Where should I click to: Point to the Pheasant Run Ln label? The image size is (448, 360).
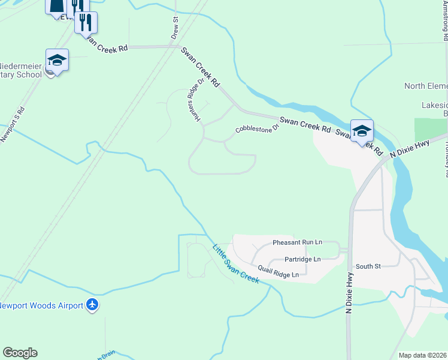(x=297, y=242)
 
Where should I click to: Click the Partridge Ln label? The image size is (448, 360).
(x=302, y=259)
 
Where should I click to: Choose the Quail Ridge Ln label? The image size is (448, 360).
(x=279, y=271)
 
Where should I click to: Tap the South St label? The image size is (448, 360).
(x=368, y=266)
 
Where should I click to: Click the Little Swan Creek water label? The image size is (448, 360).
(x=235, y=263)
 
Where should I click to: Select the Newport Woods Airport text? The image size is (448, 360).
(x=41, y=305)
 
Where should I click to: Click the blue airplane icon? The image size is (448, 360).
(x=92, y=305)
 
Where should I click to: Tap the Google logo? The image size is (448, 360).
(x=20, y=353)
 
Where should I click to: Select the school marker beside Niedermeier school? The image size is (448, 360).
(x=57, y=61)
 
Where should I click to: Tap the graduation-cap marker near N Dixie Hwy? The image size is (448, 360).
(x=362, y=130)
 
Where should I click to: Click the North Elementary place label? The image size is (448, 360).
(x=426, y=86)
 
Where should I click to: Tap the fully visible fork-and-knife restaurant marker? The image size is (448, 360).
(x=86, y=23)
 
